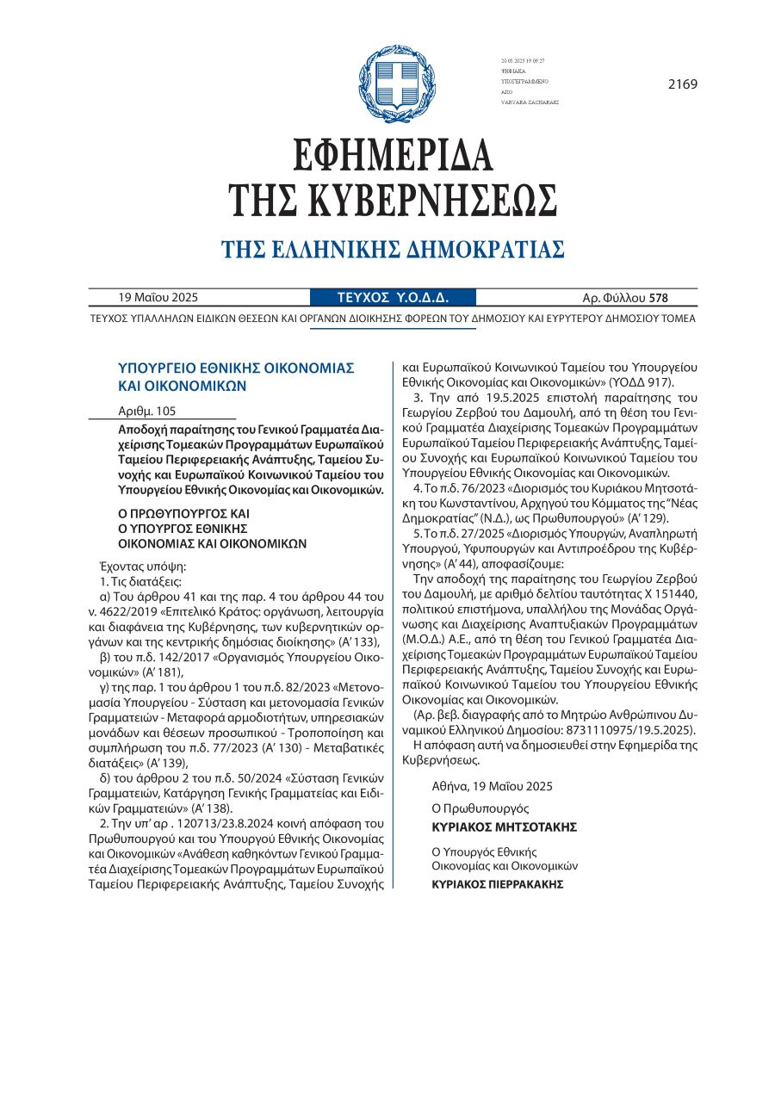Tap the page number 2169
tap(682, 84)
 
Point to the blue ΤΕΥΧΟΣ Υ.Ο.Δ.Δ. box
tap(393, 298)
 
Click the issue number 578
tap(659, 299)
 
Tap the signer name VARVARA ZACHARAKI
tap(530, 102)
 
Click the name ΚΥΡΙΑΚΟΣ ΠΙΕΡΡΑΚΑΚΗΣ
tap(498, 883)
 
